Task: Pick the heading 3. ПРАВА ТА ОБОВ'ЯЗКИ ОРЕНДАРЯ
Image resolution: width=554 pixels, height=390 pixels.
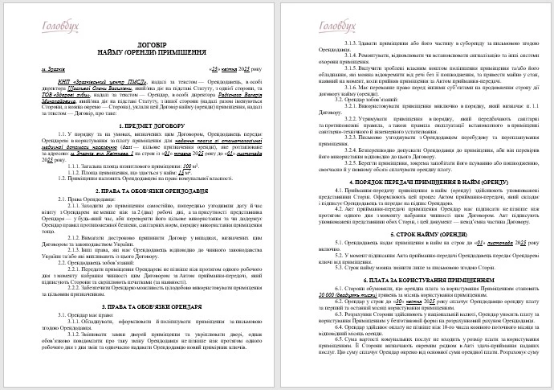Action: [x=141, y=328]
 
